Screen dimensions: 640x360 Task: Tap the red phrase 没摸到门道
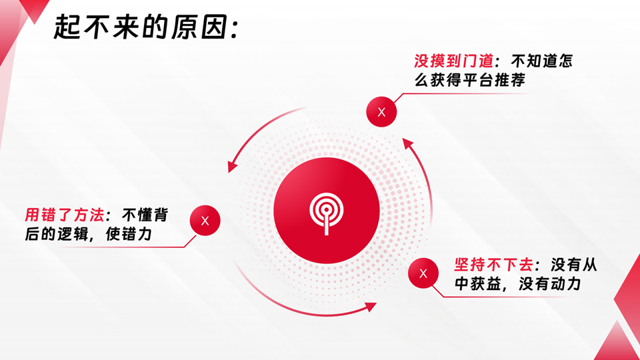[453, 61]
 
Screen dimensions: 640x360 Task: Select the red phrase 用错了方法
[65, 215]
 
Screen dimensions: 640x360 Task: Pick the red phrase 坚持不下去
[493, 265]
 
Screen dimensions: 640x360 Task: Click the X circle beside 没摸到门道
[381, 112]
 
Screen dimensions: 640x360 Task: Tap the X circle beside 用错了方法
[205, 221]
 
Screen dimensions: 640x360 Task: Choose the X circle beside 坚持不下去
[423, 273]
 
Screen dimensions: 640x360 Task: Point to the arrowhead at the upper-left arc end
[232, 167]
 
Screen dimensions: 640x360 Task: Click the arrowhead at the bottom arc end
[371, 307]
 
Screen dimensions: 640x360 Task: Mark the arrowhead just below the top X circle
[407, 143]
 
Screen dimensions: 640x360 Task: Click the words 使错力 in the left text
[129, 234]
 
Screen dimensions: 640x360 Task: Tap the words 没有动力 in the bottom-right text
[550, 284]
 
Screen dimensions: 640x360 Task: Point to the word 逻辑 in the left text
[73, 234]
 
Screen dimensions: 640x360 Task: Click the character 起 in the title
[67, 27]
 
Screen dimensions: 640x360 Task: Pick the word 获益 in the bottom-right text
[486, 284]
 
